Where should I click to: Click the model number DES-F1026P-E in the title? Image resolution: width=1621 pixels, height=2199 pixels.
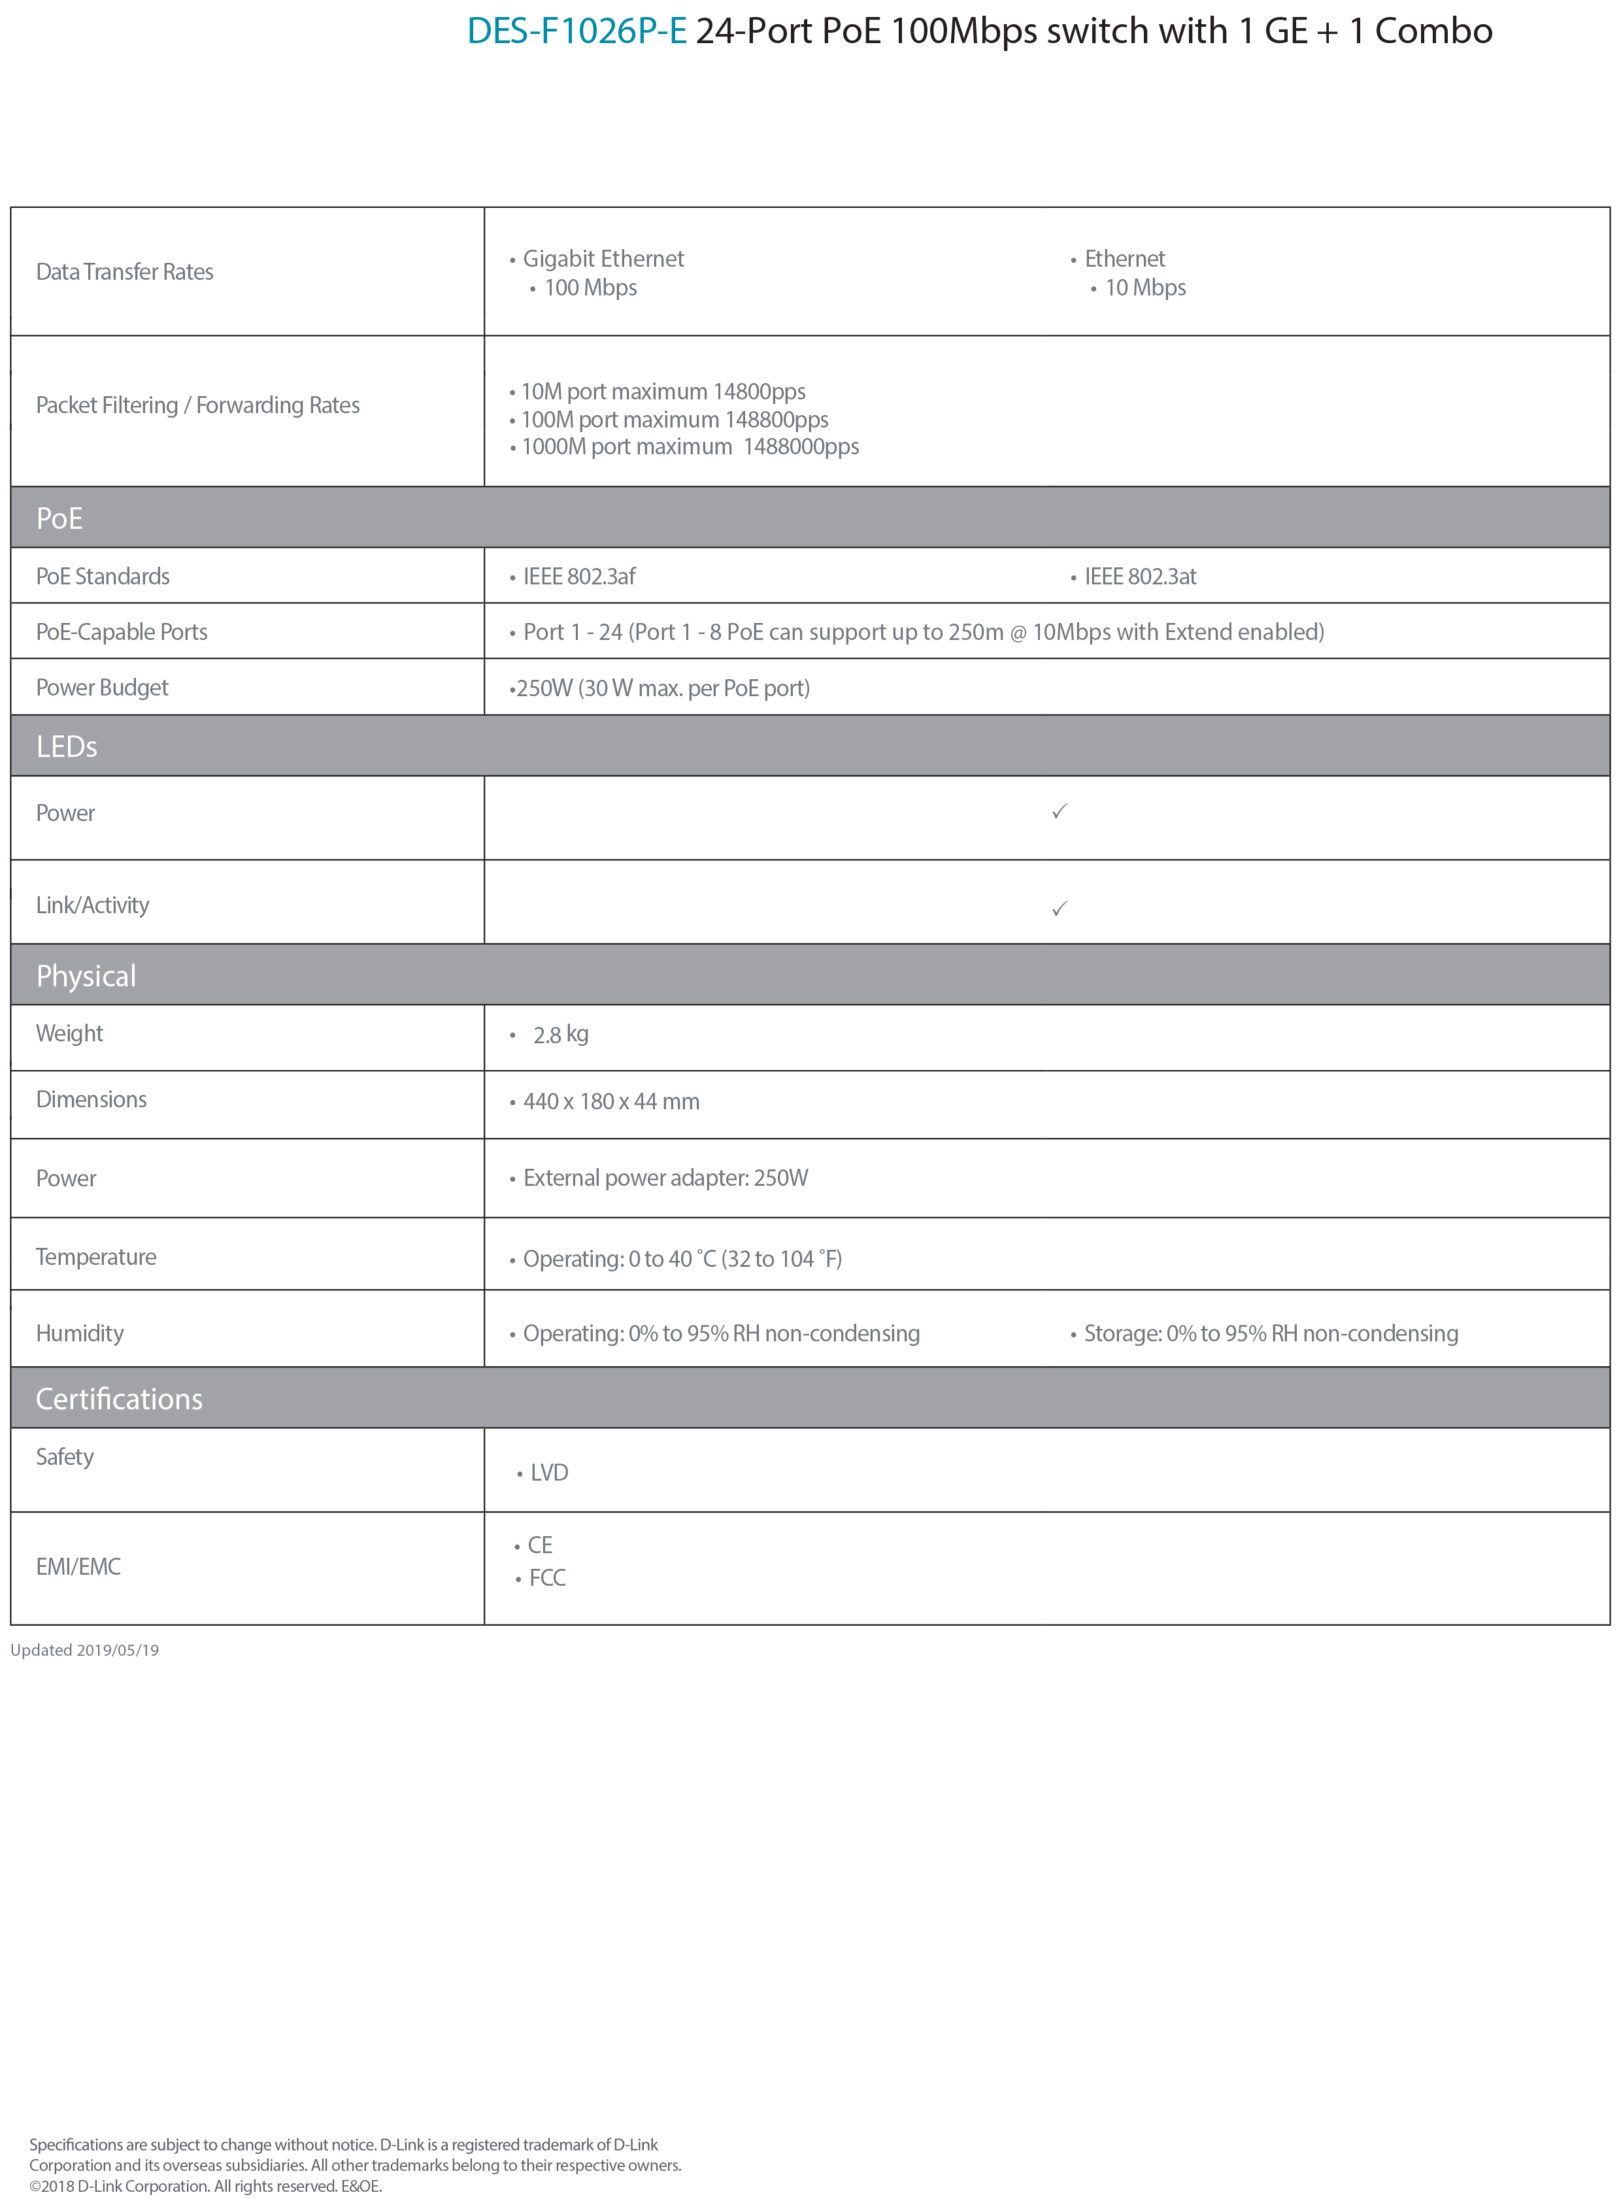coord(576,31)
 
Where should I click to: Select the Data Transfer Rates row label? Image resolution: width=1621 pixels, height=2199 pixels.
coord(125,272)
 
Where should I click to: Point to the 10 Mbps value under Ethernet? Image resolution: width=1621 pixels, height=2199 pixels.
coord(1145,288)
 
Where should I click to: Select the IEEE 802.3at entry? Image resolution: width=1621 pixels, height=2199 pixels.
coord(1140,576)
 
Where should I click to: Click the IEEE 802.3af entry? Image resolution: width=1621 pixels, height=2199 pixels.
coord(579,576)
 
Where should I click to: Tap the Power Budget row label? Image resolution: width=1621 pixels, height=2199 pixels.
coord(102,688)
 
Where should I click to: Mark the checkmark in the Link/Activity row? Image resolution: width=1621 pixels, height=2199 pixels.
coord(1059,909)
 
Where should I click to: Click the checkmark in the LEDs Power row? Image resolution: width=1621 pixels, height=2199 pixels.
coord(1059,811)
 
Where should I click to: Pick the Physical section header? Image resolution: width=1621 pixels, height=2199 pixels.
coord(86,975)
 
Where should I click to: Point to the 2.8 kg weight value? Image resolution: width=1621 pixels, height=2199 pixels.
coord(560,1034)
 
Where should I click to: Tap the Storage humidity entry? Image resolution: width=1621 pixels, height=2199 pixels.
coord(1271,1334)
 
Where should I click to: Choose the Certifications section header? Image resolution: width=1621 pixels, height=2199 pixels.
coord(119,1398)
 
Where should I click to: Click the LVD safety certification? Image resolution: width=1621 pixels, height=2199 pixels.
coord(548,1473)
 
